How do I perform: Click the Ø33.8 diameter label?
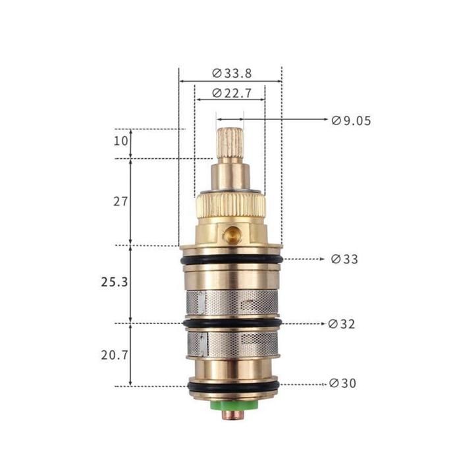tap(232, 74)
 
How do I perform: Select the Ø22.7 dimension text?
tap(232, 94)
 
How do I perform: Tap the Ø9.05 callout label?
tap(351, 121)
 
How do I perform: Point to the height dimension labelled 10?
tap(121, 141)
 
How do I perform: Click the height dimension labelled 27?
tap(121, 202)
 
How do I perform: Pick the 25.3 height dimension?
tap(115, 283)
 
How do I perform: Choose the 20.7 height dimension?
tap(115, 355)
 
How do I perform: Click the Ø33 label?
tap(344, 259)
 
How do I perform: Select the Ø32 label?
tap(342, 324)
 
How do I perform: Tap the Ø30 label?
tap(343, 383)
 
